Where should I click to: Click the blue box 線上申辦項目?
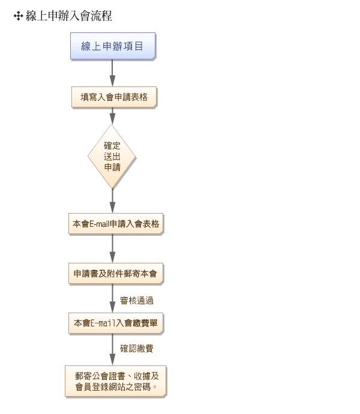pos(112,46)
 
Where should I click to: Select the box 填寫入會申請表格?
pos(113,97)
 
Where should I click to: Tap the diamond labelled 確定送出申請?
pos(112,157)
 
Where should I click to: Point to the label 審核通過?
pos(136,300)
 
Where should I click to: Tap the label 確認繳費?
pos(136,349)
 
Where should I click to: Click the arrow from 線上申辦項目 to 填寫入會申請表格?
pos(112,74)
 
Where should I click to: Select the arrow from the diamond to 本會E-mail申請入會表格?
pos(112,200)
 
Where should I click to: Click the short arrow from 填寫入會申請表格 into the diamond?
pos(112,116)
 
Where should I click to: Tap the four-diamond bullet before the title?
pos(18,16)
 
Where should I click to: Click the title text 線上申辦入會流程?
pos(69,16)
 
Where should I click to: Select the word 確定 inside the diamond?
pos(112,146)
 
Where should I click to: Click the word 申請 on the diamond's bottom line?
pos(112,167)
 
